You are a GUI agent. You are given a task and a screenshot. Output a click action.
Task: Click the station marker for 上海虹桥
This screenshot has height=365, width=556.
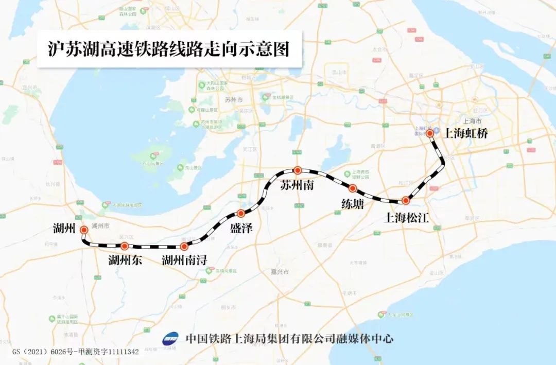pos(430,133)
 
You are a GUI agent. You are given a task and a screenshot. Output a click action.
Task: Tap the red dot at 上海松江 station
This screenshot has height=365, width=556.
pos(406,200)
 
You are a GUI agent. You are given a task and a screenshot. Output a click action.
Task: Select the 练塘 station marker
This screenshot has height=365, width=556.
pos(353,188)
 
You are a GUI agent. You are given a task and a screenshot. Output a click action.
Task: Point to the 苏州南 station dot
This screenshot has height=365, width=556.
pos(297,170)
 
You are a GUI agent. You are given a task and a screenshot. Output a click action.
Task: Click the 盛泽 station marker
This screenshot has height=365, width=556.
pos(240,214)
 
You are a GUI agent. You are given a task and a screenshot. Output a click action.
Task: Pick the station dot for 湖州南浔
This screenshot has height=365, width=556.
pos(184,247)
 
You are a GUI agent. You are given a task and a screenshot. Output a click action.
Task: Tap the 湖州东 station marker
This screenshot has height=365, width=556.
pos(124,246)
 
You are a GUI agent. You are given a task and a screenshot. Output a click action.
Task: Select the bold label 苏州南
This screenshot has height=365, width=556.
pos(297,185)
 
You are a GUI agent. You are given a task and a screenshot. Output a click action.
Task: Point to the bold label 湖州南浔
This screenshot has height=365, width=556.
pos(184,260)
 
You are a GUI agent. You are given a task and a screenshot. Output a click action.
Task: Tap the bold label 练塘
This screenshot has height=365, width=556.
pos(353,204)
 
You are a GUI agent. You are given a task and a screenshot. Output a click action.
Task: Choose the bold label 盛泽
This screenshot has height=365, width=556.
pos(241,229)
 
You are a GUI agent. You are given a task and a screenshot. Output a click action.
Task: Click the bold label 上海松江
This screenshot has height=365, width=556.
pos(407,218)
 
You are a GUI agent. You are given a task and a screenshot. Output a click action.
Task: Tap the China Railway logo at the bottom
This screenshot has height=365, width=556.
pos(170,339)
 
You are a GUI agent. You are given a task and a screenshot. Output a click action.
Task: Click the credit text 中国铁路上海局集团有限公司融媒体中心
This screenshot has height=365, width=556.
pos(289,338)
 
